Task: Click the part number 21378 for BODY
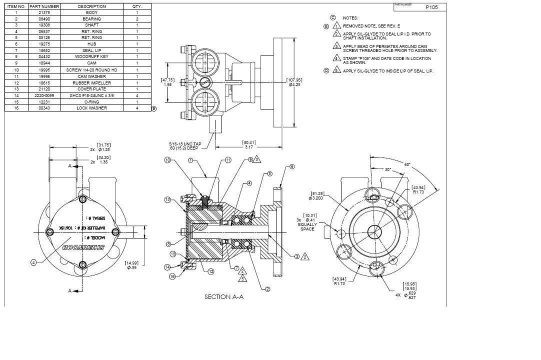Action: [44, 12]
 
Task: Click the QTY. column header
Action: [137, 6]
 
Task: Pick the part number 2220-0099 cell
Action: [44, 95]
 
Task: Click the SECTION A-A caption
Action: [224, 296]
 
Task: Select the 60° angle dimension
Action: [407, 164]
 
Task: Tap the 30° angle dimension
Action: [387, 169]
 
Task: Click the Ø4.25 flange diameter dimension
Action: [294, 84]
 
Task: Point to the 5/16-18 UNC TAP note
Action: [185, 144]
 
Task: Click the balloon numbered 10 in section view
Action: [167, 160]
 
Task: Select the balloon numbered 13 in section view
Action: [167, 199]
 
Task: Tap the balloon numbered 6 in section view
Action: [292, 167]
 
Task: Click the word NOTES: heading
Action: [350, 18]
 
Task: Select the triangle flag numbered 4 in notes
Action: [337, 58]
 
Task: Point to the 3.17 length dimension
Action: [249, 147]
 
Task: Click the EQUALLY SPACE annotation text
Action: [307, 227]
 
